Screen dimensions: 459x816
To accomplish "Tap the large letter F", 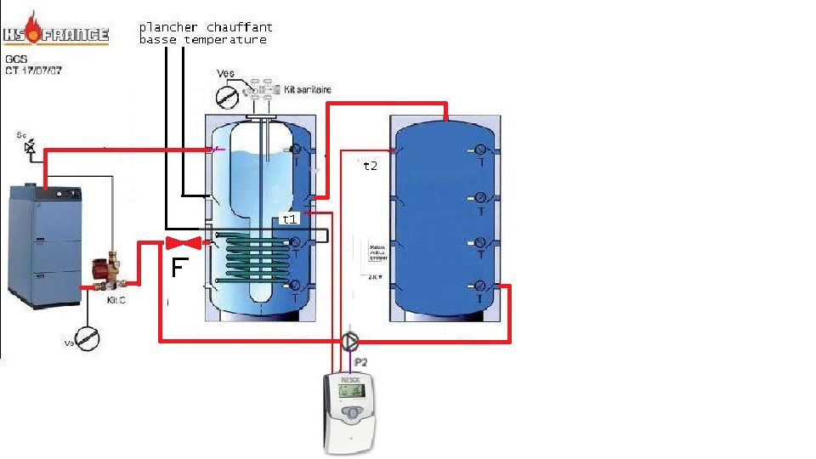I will (x=178, y=269).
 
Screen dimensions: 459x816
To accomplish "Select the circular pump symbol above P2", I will (x=350, y=341).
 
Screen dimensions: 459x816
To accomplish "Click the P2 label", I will (x=360, y=361).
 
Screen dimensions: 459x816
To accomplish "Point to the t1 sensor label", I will (x=289, y=218).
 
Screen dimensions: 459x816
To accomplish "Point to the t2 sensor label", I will (x=370, y=166).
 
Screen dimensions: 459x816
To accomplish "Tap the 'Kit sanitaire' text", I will (x=308, y=88).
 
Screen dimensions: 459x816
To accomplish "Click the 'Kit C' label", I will (x=116, y=301).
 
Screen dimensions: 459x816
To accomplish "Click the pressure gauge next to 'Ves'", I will (x=226, y=96).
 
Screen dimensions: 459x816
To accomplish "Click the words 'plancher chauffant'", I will (x=206, y=28).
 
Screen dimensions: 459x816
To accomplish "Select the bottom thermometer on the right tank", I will (x=480, y=286).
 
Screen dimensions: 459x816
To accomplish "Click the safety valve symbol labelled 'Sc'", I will (x=31, y=148).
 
